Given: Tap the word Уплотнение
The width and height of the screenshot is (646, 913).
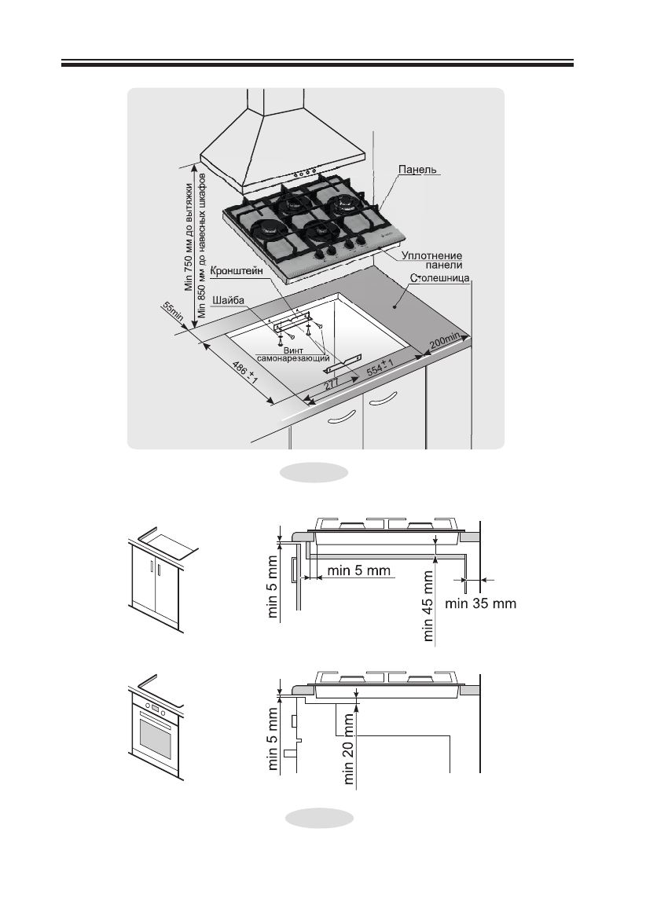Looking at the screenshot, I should point(431,255).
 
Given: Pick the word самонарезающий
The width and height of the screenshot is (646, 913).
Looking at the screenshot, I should point(292,357).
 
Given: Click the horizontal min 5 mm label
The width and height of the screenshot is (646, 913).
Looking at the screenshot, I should point(358,570).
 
